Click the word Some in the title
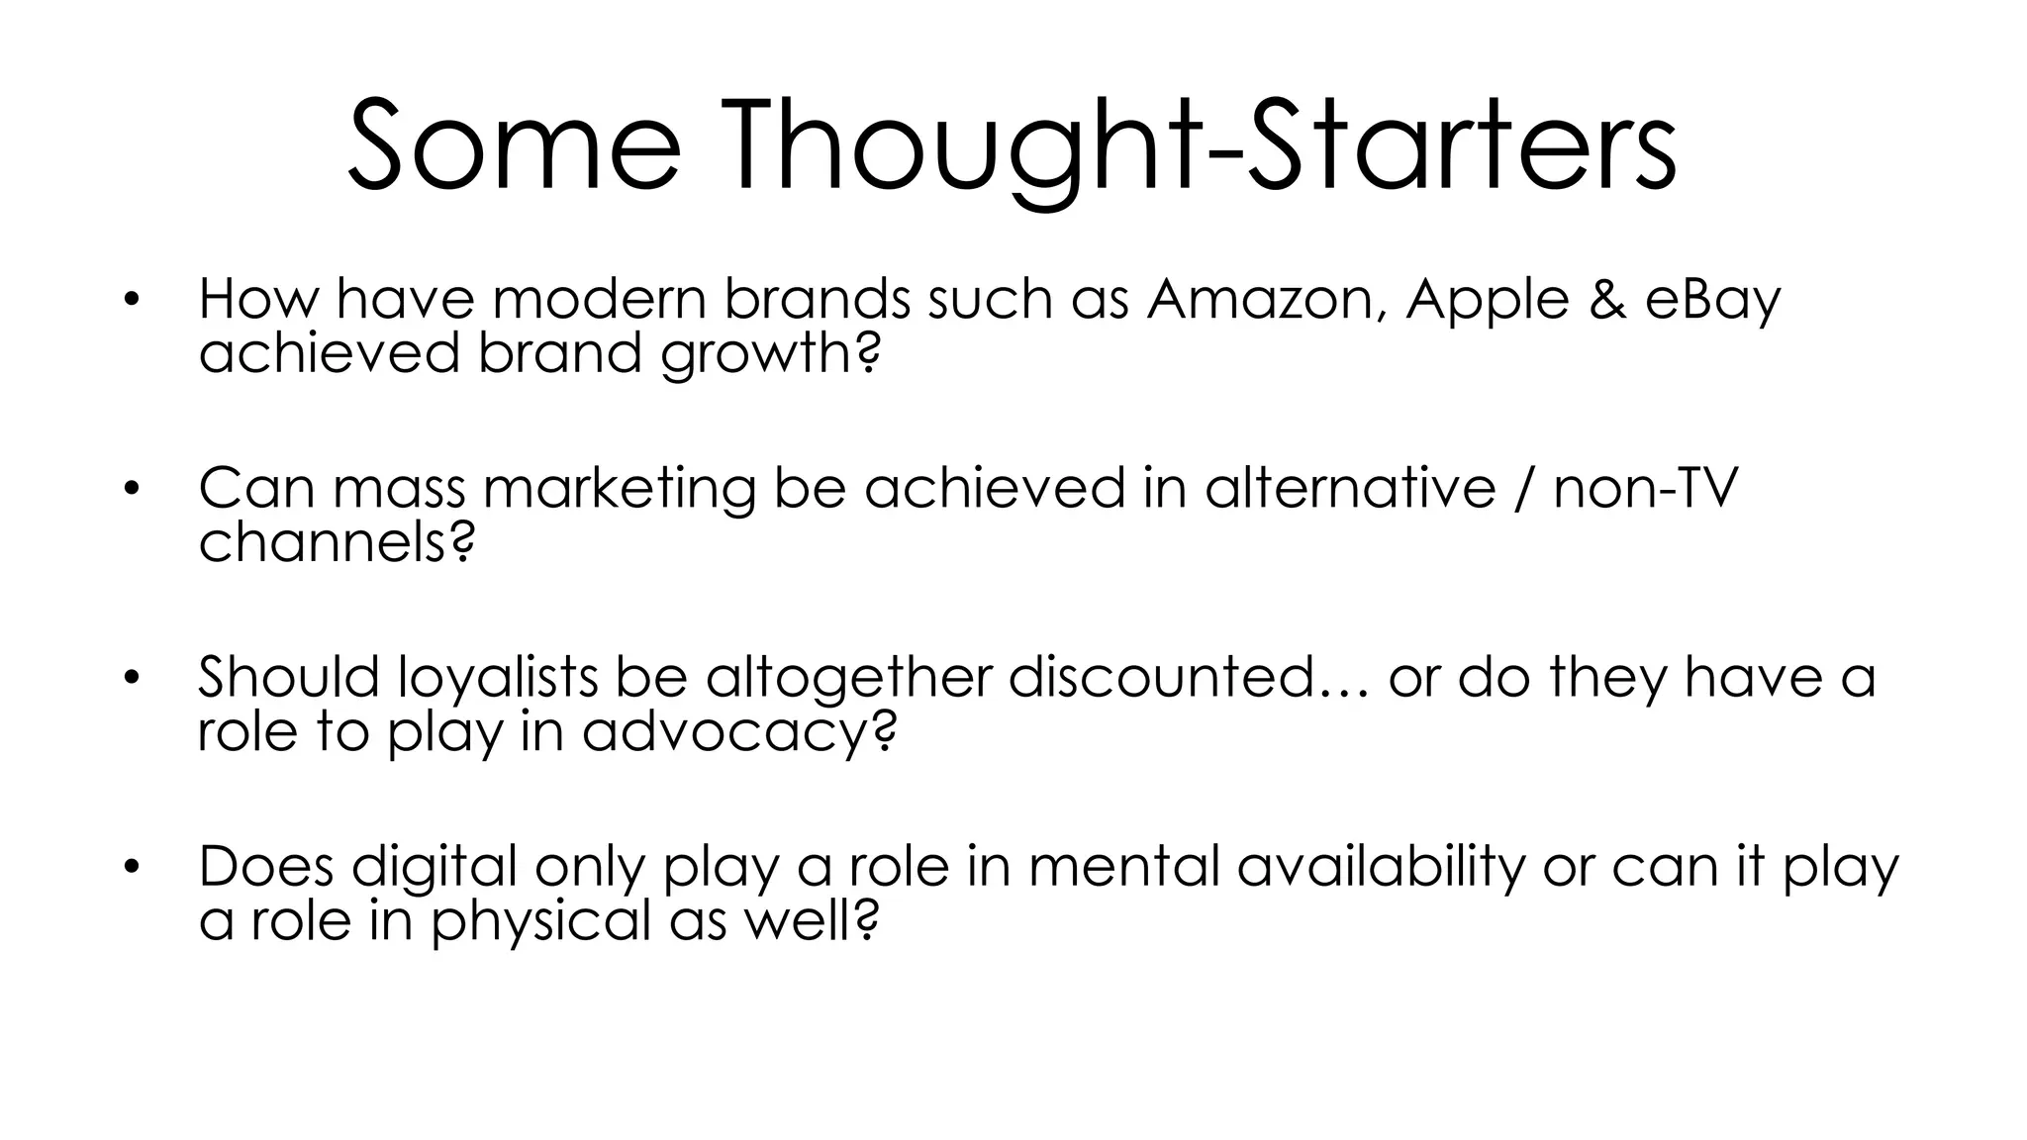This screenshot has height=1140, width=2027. (514, 147)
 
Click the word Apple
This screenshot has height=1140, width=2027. (1487, 300)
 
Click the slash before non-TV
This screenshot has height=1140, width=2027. (1523, 489)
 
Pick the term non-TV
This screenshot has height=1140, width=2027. (1645, 489)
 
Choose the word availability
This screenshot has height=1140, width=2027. (1381, 867)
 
